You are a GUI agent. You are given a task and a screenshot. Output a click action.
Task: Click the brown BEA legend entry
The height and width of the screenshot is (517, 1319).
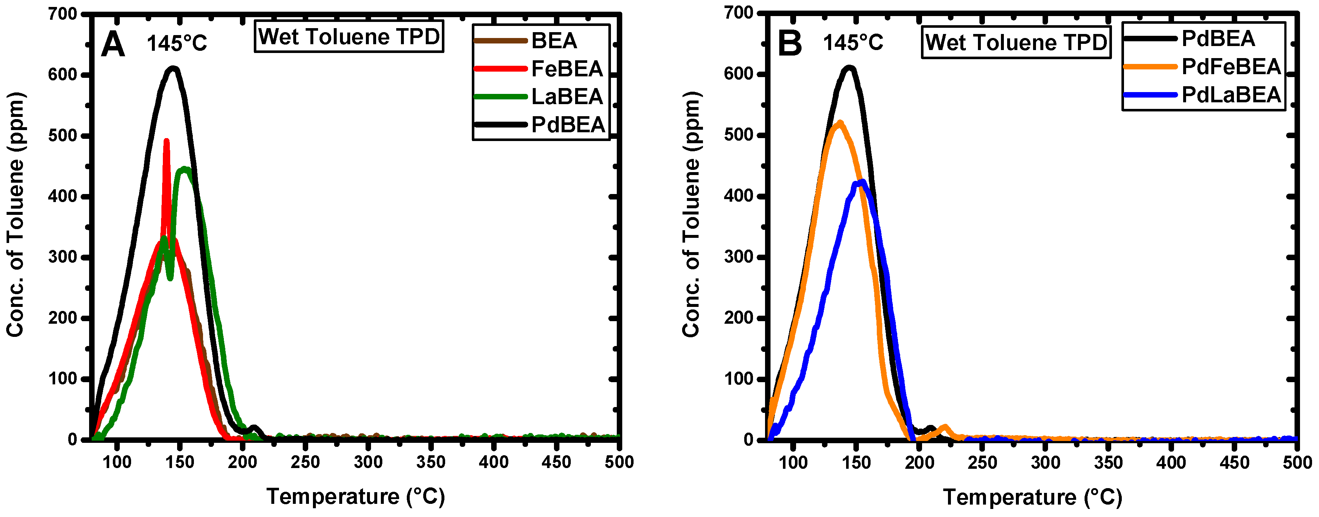(x=554, y=41)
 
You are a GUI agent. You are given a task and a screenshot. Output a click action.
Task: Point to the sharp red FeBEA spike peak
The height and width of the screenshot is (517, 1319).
(x=167, y=141)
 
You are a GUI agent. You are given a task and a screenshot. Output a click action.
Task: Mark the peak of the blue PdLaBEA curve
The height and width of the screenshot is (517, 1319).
(x=862, y=182)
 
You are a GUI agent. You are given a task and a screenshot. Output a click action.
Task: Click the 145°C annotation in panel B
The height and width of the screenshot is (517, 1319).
(x=853, y=42)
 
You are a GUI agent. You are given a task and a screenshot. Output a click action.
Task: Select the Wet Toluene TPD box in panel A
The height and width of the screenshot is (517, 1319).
(x=349, y=37)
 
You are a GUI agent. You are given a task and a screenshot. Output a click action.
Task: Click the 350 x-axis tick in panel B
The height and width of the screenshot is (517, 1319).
(x=1108, y=463)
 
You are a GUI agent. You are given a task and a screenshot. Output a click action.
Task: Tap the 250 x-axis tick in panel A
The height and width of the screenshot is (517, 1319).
(x=305, y=462)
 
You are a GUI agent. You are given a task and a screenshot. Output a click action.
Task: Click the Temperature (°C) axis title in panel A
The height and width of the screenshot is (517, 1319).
(x=355, y=497)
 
